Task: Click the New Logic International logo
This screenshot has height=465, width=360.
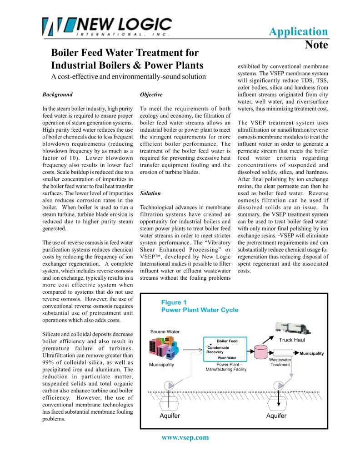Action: [x=107, y=26]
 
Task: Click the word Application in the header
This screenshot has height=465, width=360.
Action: [x=298, y=31]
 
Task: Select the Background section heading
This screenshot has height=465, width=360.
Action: [x=57, y=94]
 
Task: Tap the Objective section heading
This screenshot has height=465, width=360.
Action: [x=151, y=94]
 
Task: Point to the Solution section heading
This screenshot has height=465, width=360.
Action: [x=150, y=193]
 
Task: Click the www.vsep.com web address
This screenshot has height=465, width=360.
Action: [x=185, y=437]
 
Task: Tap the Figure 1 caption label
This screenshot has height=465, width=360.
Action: [x=174, y=302]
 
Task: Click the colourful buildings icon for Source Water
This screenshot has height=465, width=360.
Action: [x=164, y=347]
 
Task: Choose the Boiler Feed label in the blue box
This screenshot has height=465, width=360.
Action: [x=227, y=341]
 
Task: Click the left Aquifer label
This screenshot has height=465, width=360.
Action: [x=170, y=416]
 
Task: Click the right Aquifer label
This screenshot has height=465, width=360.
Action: [x=276, y=416]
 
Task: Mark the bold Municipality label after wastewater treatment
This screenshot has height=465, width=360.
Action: [x=312, y=353]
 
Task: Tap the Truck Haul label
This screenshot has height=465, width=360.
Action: [x=292, y=340]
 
